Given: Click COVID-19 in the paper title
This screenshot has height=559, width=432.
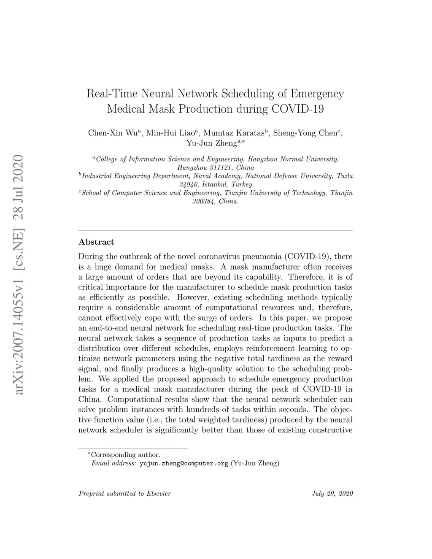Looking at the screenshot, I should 297,109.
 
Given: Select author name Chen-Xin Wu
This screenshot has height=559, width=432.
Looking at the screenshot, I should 111,133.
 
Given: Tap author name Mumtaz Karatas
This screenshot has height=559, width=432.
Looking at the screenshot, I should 235,133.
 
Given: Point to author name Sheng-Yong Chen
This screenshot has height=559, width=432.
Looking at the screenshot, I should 305,133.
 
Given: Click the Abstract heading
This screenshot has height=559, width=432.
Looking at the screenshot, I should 96,242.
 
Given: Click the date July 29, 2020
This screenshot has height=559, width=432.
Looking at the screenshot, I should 332,493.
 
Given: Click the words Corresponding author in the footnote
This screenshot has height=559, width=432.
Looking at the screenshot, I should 126,455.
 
